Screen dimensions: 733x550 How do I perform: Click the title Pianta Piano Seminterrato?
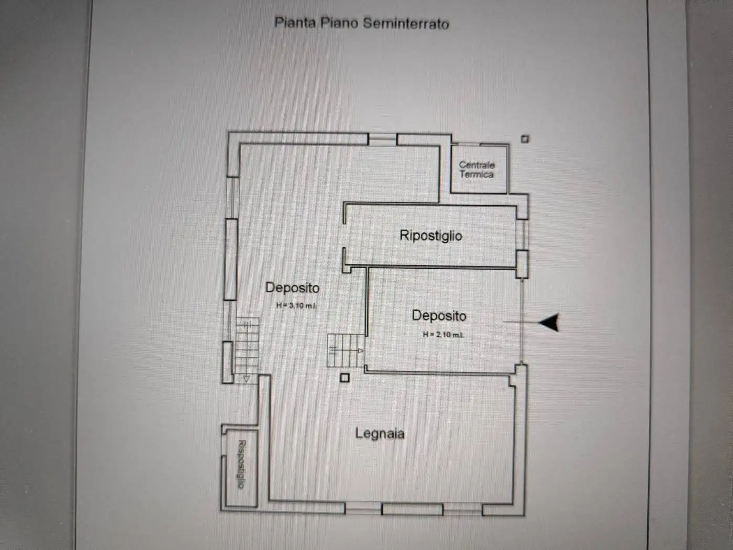(x=362, y=23)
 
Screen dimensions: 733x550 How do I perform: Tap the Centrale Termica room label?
(x=476, y=169)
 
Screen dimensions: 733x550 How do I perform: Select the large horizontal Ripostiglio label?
(x=431, y=235)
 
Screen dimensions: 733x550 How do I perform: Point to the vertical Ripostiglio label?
(x=242, y=464)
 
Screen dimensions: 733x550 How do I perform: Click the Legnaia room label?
(x=380, y=434)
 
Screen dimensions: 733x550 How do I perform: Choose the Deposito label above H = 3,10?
(x=292, y=288)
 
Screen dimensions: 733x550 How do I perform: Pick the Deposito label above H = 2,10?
(x=439, y=315)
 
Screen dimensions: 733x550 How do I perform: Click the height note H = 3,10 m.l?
(x=296, y=305)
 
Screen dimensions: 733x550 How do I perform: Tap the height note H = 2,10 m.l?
(x=443, y=334)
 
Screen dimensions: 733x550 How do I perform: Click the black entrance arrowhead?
(x=549, y=323)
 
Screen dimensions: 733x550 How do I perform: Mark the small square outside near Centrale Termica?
(x=525, y=139)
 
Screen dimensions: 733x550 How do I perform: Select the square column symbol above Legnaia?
(x=345, y=378)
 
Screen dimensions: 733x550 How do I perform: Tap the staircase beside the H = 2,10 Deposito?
(x=346, y=350)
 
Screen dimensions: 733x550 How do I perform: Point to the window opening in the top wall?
(x=382, y=139)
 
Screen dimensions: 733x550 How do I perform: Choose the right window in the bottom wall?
(x=462, y=510)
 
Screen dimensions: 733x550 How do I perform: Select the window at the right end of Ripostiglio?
(x=523, y=235)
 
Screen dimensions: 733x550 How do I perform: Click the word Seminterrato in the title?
(x=406, y=24)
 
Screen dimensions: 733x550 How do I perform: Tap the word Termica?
(x=476, y=174)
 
